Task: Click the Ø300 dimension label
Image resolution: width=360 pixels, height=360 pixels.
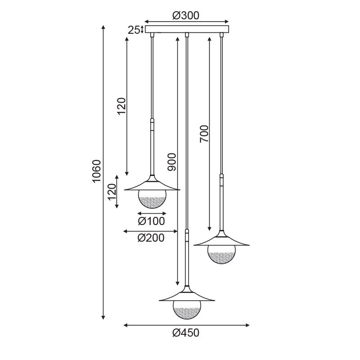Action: click(186, 16)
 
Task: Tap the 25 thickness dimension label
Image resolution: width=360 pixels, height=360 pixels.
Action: click(134, 30)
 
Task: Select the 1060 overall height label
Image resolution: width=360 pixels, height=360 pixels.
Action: click(97, 171)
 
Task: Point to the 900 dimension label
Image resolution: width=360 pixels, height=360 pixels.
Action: click(172, 162)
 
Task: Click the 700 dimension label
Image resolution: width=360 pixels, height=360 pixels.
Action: click(204, 134)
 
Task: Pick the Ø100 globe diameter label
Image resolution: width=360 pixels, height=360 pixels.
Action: click(151, 221)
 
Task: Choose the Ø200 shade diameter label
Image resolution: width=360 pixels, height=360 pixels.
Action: click(151, 238)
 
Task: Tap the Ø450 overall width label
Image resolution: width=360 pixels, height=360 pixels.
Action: click(186, 333)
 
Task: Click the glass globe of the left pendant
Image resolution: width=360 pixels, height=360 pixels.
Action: click(152, 199)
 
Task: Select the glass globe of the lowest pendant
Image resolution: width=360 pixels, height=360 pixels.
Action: click(187, 310)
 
